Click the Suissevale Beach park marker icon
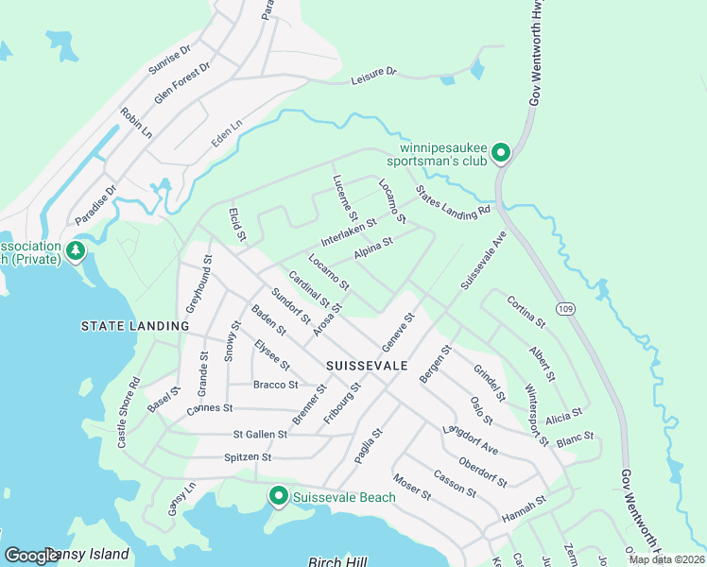[278, 495]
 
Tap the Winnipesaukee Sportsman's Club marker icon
[502, 151]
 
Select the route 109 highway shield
[565, 309]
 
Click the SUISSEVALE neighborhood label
[367, 364]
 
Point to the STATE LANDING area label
[136, 326]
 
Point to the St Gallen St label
[260, 435]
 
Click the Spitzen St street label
[248, 457]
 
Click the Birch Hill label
[338, 561]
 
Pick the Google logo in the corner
[32, 556]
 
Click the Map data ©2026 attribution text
[666, 559]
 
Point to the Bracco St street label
[276, 385]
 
